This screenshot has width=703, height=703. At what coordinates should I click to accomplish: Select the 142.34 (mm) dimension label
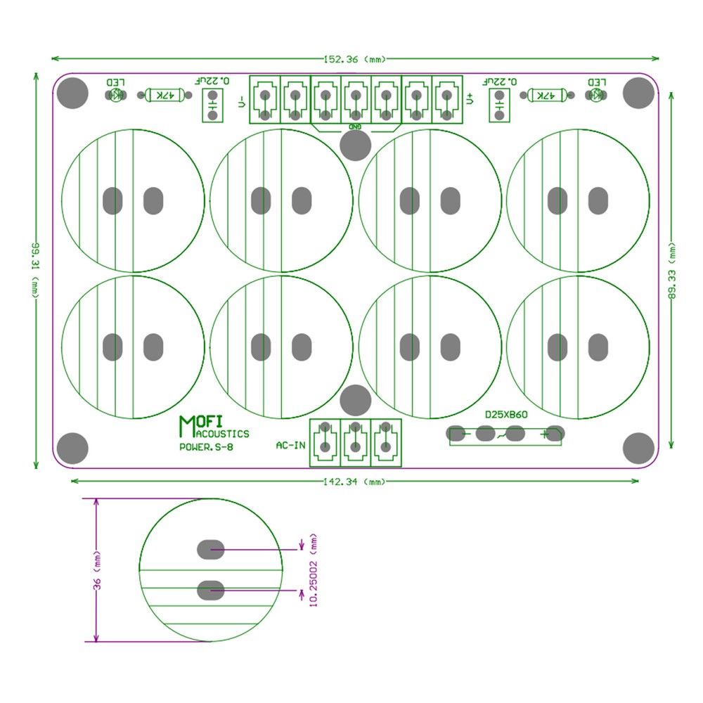(x=356, y=482)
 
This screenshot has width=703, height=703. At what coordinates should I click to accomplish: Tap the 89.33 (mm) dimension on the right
(x=671, y=271)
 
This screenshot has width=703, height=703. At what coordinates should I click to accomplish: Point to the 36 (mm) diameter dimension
(x=97, y=571)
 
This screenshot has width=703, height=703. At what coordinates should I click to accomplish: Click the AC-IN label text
(x=290, y=445)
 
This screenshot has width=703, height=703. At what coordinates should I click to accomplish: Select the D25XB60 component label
(x=506, y=415)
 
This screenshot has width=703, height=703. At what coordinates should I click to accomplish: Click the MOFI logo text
(x=201, y=423)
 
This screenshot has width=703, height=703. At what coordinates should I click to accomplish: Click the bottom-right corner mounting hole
(x=638, y=449)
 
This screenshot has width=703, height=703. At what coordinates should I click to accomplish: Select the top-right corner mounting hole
(x=638, y=93)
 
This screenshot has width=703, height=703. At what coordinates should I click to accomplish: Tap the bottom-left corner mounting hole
(x=72, y=449)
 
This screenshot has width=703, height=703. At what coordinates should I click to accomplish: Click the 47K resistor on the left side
(x=165, y=95)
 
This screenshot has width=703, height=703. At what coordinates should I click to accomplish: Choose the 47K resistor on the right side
(x=546, y=95)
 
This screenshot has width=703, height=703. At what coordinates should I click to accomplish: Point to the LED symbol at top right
(x=596, y=95)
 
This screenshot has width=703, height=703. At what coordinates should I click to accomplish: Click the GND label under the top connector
(x=356, y=126)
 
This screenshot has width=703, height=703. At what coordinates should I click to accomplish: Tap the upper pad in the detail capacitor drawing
(x=210, y=548)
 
